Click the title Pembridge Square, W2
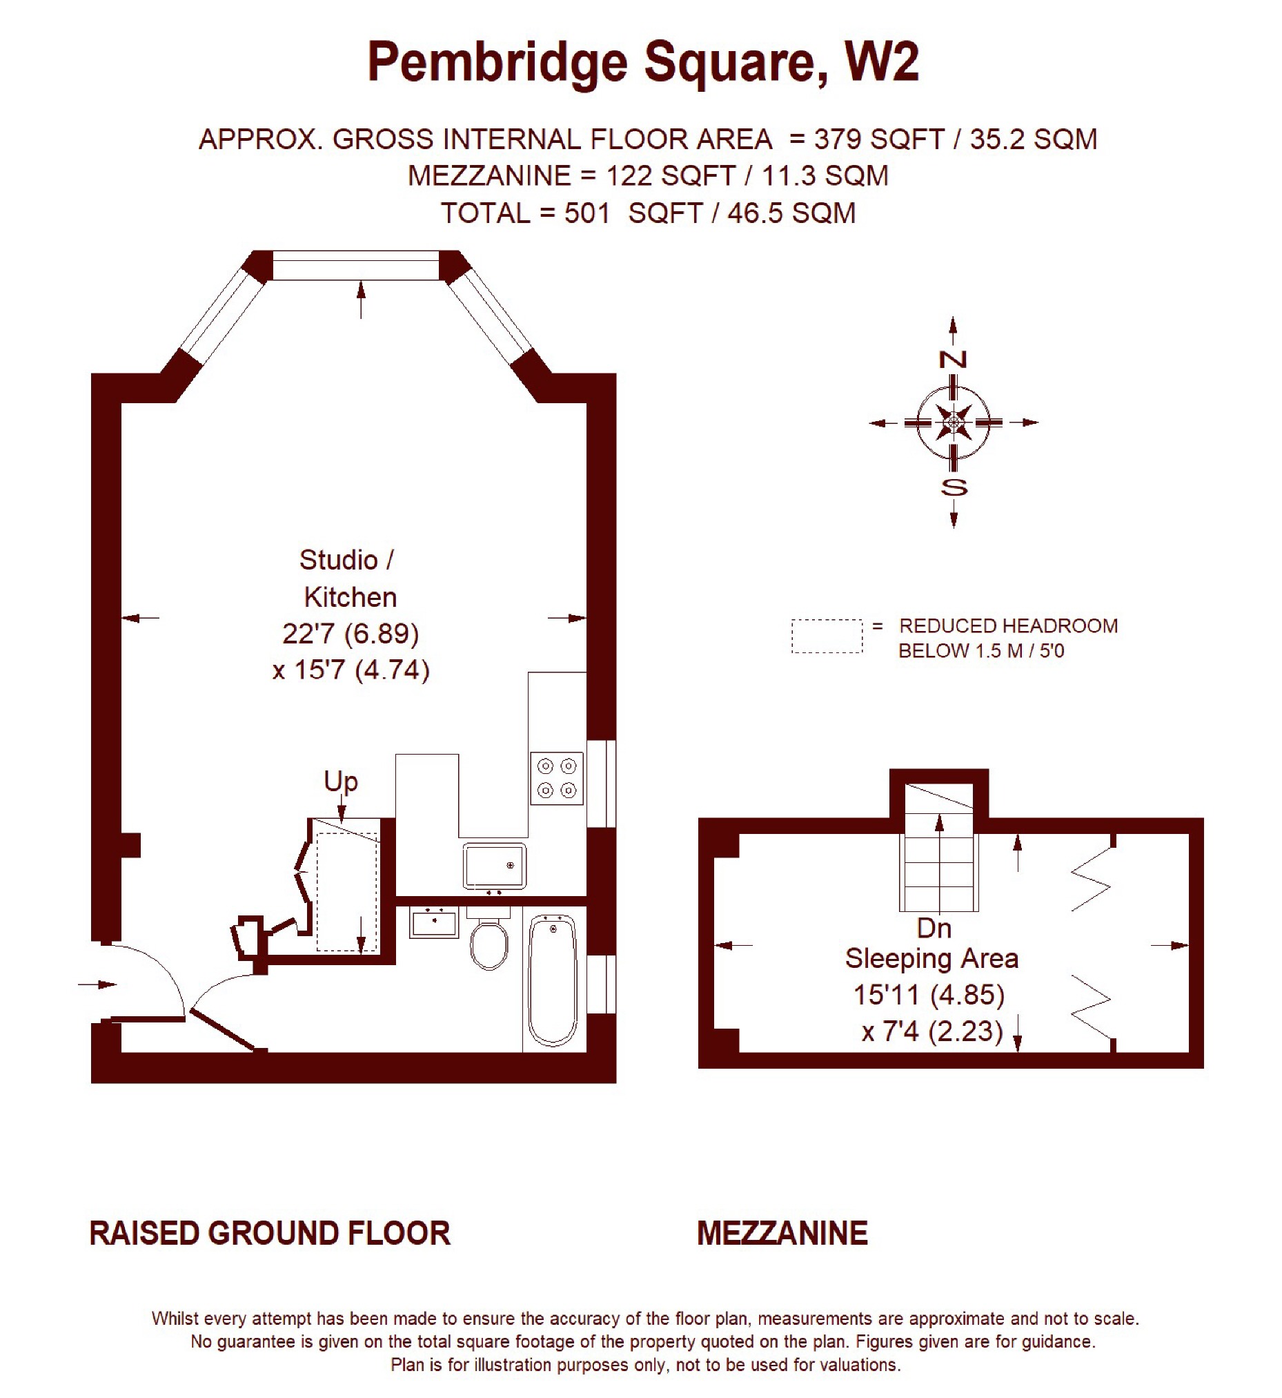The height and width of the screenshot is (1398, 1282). coord(643,62)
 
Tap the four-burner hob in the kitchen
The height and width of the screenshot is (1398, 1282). coord(557,778)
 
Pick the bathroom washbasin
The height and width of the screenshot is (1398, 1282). coord(434,922)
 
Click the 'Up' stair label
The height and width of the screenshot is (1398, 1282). coord(341,781)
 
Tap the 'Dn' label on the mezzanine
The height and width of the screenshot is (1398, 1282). coord(934,929)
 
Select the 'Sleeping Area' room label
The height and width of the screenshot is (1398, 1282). coord(931,959)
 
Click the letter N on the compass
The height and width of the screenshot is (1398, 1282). coord(953,360)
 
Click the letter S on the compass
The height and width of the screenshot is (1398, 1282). coord(954,487)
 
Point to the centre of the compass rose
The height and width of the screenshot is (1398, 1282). coord(954,422)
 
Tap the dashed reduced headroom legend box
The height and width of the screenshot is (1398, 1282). coord(827,637)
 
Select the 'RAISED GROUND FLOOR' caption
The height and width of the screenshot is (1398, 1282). coord(270,1234)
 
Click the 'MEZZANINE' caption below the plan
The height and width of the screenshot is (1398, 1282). coord(782,1234)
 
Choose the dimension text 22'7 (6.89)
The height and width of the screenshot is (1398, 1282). coord(351,633)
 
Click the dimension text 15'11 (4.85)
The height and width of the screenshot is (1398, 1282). coord(929,995)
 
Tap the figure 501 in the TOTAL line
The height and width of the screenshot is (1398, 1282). coord(587,213)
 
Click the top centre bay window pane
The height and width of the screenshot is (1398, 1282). coord(356,265)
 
